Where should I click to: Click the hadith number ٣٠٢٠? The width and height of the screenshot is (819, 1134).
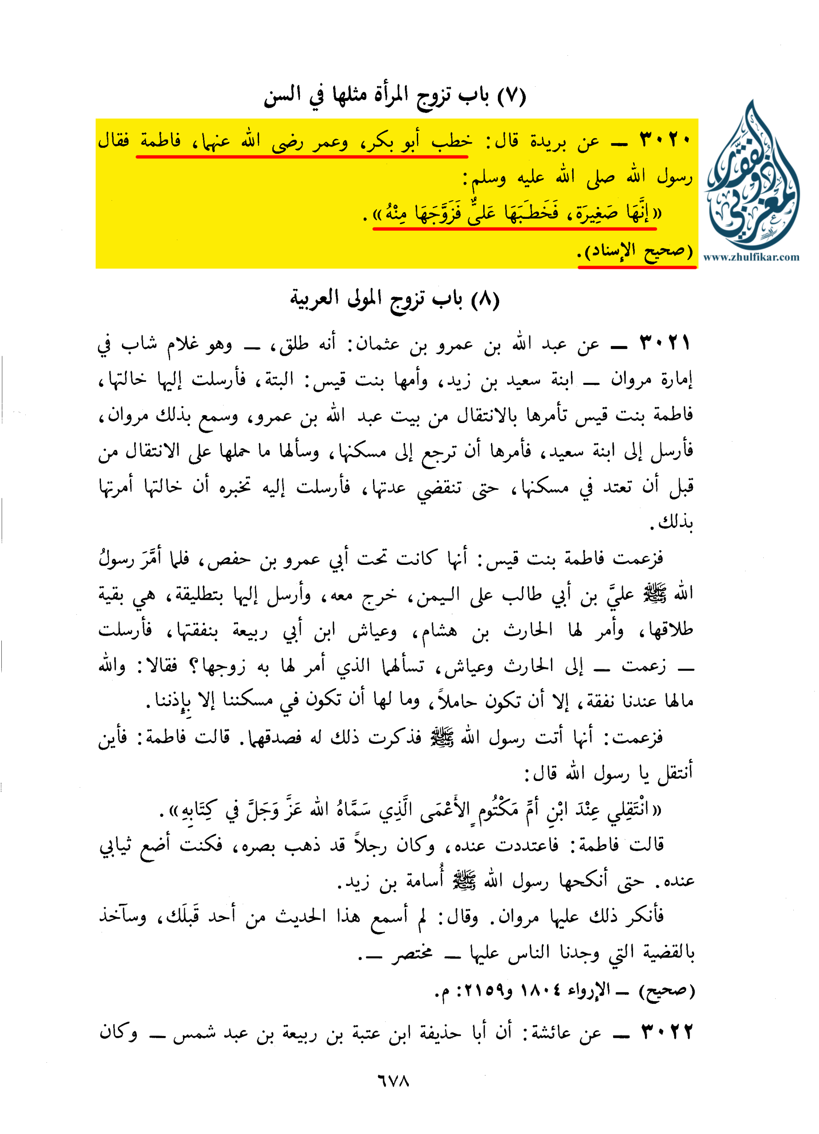[665, 140]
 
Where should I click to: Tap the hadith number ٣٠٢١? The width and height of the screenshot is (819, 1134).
[665, 343]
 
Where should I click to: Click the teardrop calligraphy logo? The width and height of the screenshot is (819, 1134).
[753, 178]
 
